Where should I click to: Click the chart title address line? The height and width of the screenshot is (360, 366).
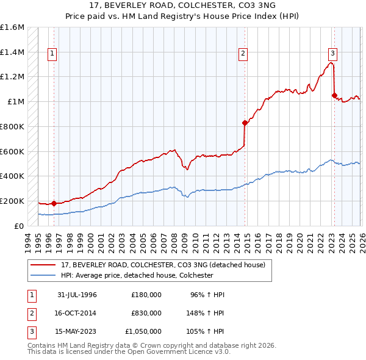pos(182,5)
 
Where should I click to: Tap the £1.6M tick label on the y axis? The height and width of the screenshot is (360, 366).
pos(12,27)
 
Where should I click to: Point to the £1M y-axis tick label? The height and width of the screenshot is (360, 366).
pos(16,102)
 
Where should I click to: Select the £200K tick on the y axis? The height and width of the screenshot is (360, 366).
pos(12,201)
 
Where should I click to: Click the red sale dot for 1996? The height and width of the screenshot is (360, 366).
pos(54,203)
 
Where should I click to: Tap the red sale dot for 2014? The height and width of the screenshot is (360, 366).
pos(245,123)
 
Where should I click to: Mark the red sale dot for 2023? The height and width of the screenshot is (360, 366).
pos(334,95)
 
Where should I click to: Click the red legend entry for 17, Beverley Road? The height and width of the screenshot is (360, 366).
pos(163,265)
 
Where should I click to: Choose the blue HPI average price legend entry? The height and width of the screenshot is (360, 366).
pos(145,276)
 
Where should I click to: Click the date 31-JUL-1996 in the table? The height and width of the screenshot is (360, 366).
pos(77,295)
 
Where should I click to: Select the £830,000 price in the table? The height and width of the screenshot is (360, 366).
pos(146,313)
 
